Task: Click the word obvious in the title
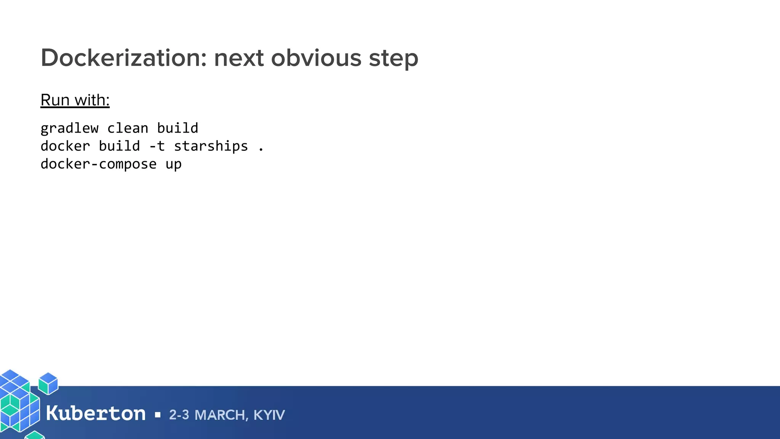coord(316,58)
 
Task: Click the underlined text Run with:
coord(75,100)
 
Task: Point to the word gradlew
coord(69,128)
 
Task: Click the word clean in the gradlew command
coord(128,128)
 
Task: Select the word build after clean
coord(177,128)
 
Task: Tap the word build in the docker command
coord(119,146)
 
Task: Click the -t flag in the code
coord(157,146)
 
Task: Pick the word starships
coord(211,146)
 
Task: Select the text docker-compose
coord(98,164)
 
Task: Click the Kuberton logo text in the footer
coord(96,413)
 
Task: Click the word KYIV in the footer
coord(269,415)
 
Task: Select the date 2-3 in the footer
coord(179,415)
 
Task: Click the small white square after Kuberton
coord(158,415)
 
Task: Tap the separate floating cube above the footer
coord(48,383)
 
